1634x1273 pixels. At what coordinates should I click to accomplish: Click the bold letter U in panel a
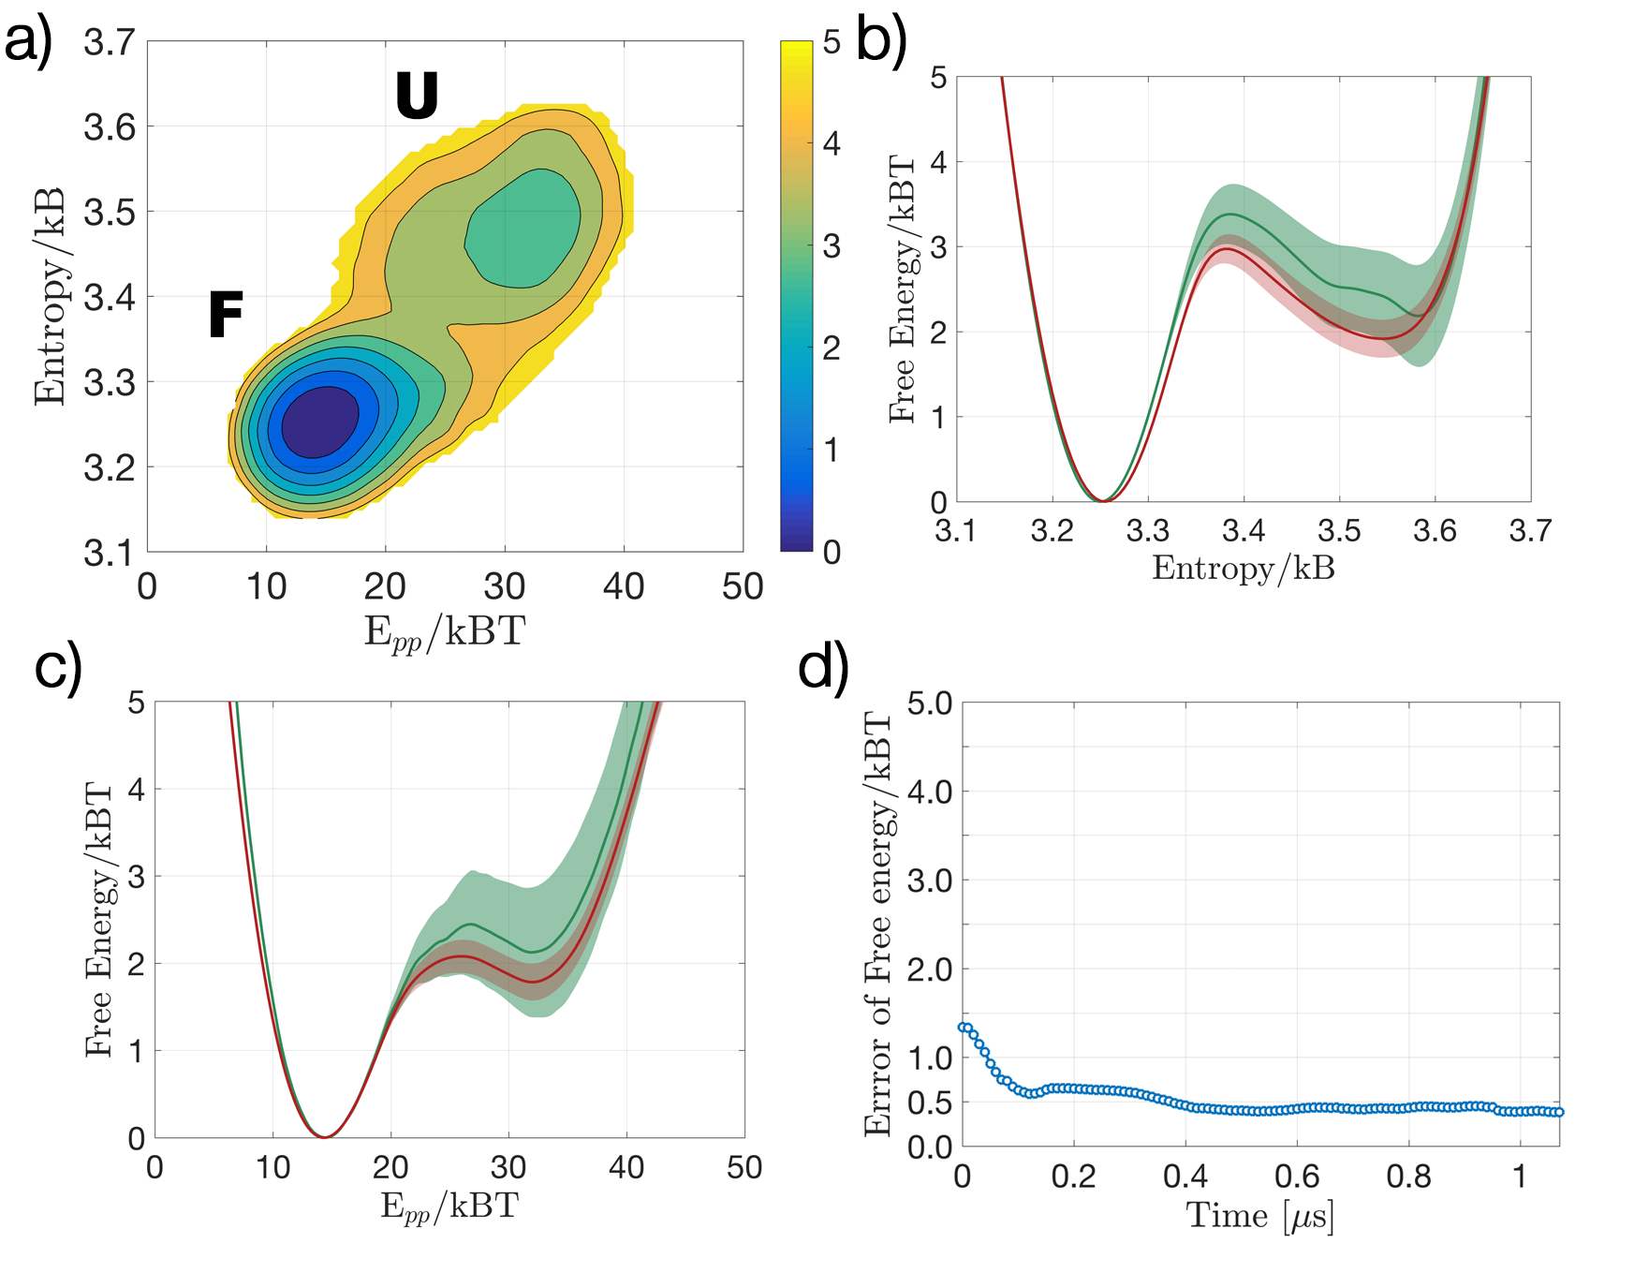point(417,96)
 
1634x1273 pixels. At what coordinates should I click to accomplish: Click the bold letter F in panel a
point(226,315)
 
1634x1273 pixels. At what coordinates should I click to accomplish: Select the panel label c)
point(58,667)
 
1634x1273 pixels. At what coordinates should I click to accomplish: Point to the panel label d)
point(823,667)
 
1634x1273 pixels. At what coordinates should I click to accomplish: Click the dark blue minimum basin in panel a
point(319,422)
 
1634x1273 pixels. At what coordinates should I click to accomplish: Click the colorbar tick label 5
point(832,43)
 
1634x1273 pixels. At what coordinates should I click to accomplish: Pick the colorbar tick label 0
point(832,552)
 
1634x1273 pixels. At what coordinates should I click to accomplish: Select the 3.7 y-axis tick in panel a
point(109,43)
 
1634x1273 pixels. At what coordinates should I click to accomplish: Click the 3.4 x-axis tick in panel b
point(1244,531)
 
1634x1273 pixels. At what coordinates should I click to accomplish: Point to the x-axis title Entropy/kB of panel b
point(1244,568)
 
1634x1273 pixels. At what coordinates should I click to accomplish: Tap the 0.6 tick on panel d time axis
point(1297,1176)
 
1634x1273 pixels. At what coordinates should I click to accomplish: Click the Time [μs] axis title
point(1259,1216)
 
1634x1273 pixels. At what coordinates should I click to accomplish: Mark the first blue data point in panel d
point(963,1028)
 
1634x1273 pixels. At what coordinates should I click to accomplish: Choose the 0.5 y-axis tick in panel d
point(930,1103)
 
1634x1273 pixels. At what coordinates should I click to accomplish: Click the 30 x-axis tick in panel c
point(508,1167)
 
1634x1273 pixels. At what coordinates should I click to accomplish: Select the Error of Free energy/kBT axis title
point(878,924)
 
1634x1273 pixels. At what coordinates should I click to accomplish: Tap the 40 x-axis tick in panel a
point(624,586)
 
